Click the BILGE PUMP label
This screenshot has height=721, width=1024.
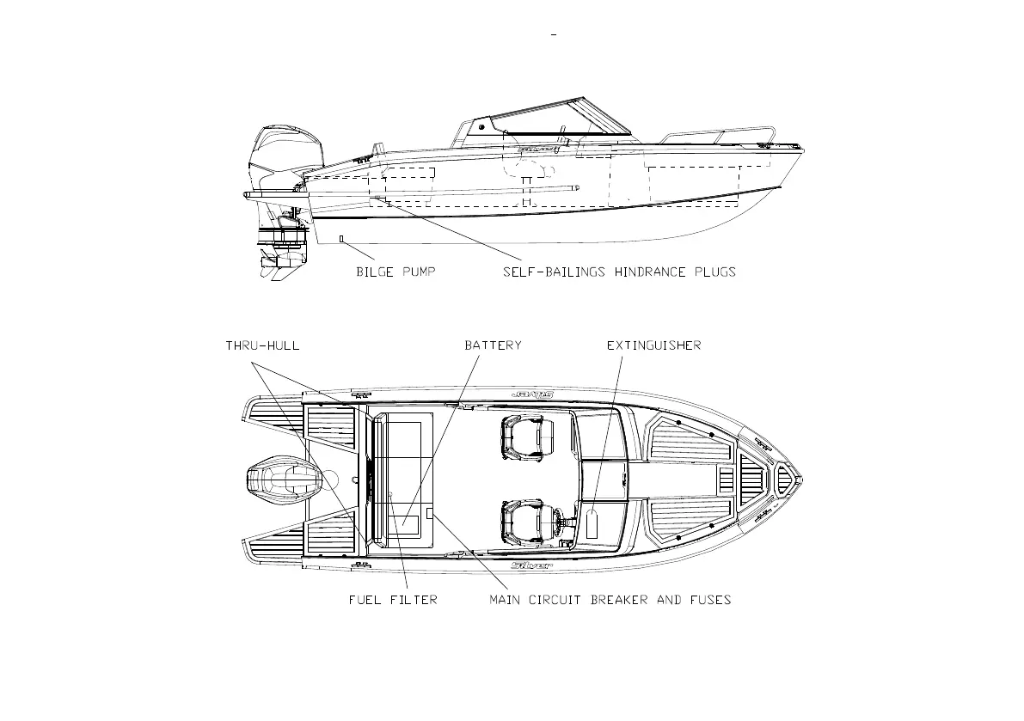point(395,272)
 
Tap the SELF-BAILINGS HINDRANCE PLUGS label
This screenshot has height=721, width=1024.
point(619,272)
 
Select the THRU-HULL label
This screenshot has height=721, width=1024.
point(262,345)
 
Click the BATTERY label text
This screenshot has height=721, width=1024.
point(493,345)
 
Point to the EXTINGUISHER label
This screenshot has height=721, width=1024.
point(653,345)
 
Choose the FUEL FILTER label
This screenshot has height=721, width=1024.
point(392,600)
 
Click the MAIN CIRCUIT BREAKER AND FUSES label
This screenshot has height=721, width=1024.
point(610,600)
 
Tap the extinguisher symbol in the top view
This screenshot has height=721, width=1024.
point(592,523)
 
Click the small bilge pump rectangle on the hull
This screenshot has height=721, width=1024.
point(341,238)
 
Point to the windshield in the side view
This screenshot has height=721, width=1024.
point(550,120)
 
